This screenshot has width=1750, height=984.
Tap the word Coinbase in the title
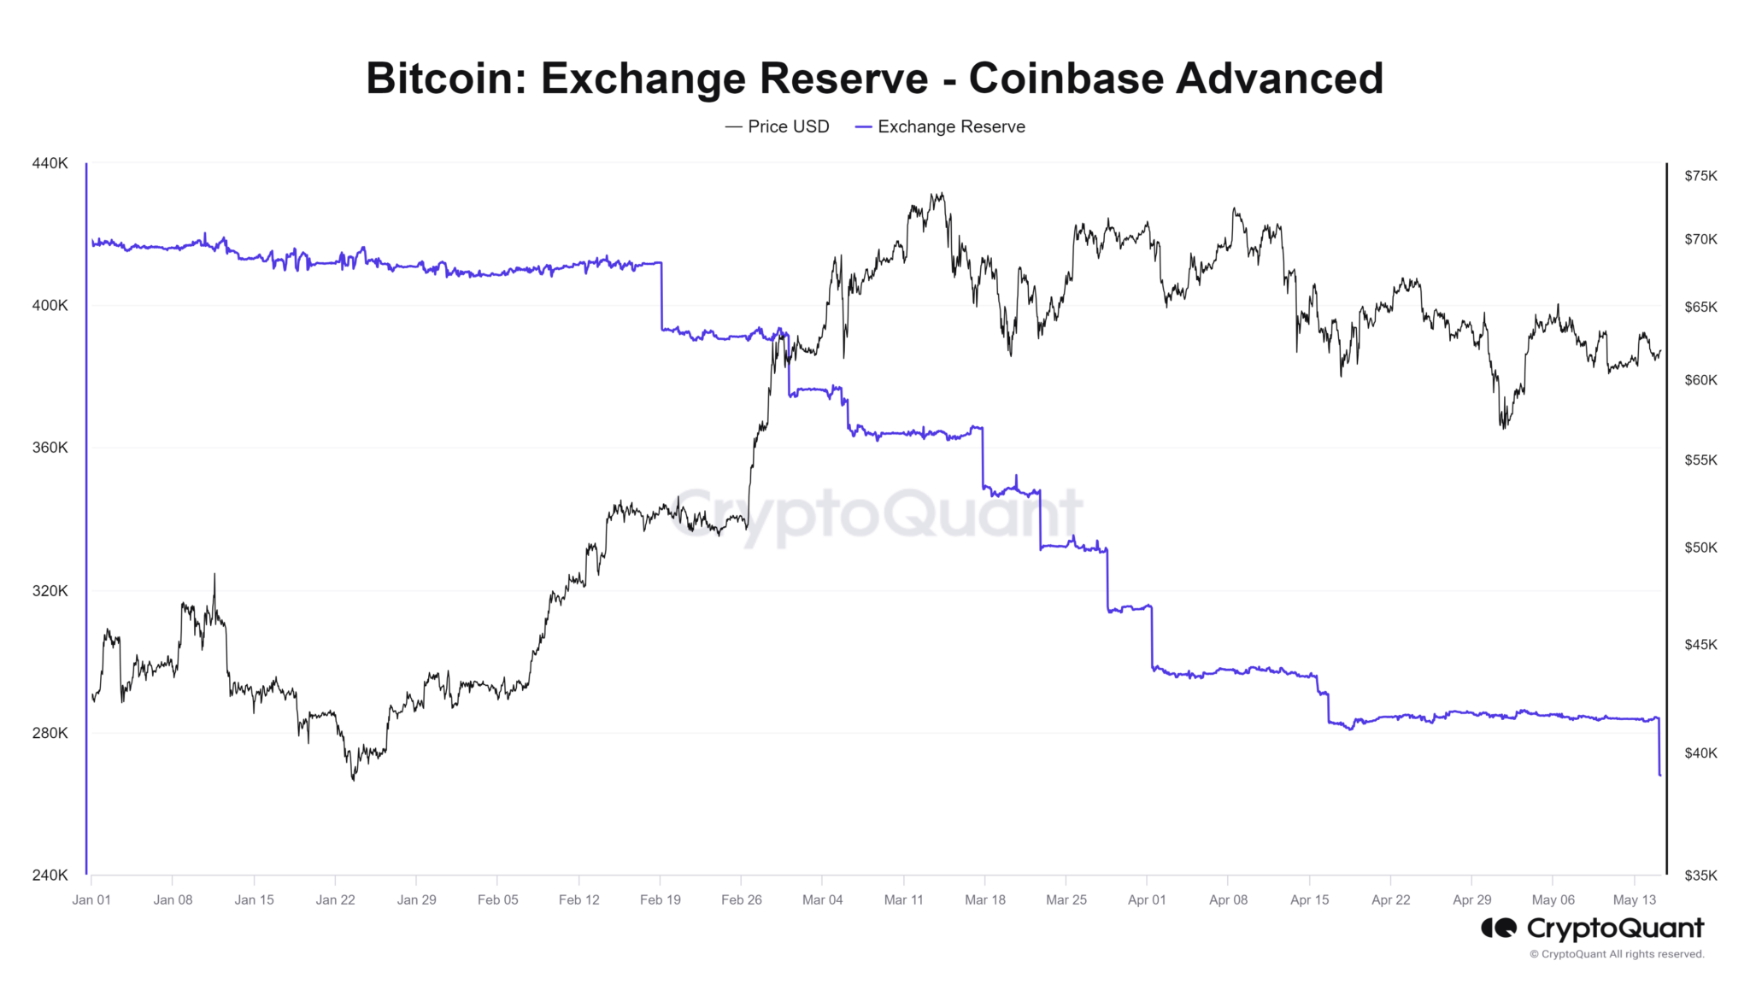tap(1066, 79)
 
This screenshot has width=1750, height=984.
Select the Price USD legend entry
tap(778, 126)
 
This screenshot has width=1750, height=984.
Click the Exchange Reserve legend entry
tap(941, 126)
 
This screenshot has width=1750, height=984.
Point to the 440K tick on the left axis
tap(50, 163)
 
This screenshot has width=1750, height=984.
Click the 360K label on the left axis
tap(50, 448)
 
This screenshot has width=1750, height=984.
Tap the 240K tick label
tap(50, 875)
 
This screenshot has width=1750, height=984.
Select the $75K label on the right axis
tap(1700, 176)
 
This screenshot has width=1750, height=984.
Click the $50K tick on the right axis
tap(1700, 548)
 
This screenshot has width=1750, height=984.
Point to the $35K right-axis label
tap(1700, 875)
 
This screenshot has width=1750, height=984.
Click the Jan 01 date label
tap(91, 899)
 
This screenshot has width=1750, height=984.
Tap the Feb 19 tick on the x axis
tap(661, 899)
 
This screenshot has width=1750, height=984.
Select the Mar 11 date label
tap(904, 899)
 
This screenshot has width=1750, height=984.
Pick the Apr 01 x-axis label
tap(1147, 899)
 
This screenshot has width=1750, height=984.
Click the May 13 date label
tap(1635, 899)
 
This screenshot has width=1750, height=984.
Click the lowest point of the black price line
tap(354, 779)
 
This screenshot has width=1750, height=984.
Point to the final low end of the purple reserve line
tap(1660, 775)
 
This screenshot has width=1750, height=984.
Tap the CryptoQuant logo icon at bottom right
tap(1499, 928)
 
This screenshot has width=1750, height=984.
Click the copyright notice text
tap(1617, 954)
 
